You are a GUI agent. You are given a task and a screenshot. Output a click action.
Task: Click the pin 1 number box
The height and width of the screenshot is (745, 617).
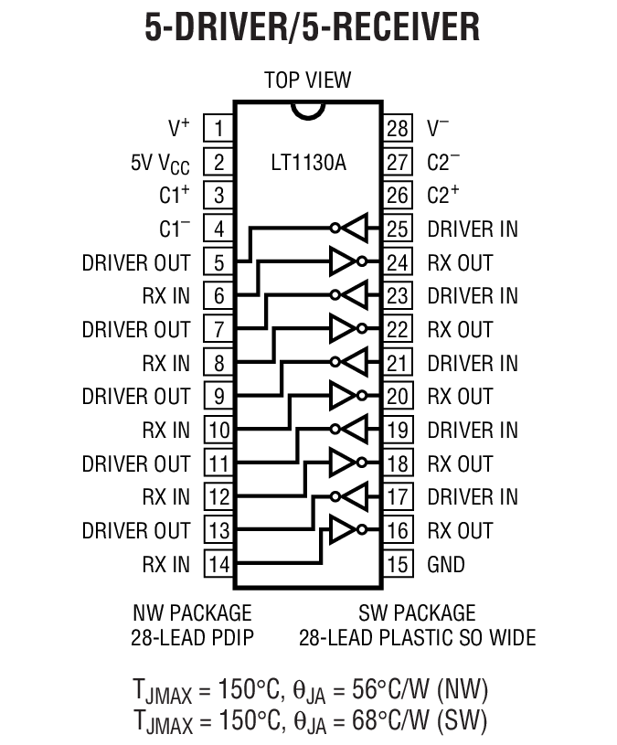point(218,128)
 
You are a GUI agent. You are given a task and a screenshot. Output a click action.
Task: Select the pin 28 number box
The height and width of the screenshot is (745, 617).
point(398,128)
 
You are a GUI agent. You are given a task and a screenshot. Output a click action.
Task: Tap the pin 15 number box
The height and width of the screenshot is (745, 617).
point(398,564)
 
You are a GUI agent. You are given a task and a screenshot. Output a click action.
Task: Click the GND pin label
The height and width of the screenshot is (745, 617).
point(446,564)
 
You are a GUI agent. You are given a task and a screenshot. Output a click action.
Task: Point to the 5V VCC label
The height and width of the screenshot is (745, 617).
point(161,163)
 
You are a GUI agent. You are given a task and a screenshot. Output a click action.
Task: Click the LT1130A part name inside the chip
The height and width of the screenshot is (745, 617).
point(308,164)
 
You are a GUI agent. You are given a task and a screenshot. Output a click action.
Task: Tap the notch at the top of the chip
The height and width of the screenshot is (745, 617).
point(308,109)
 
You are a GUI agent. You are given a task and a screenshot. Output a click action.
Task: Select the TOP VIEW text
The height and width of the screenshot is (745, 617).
point(308,80)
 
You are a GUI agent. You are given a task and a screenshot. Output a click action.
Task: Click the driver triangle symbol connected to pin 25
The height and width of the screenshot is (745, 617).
point(354,229)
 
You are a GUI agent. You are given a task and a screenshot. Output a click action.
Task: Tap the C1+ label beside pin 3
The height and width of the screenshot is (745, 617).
point(173,196)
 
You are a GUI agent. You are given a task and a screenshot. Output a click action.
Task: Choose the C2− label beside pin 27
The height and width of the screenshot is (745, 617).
point(443,162)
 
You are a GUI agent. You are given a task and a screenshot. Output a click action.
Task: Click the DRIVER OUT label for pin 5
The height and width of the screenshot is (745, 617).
point(136,263)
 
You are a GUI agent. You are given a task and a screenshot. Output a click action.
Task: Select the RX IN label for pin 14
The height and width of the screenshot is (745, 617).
point(165,564)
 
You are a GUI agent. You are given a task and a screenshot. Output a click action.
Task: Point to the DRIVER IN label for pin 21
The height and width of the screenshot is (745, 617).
point(473,363)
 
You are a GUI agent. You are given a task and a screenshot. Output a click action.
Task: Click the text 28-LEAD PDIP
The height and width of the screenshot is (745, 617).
point(192,637)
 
